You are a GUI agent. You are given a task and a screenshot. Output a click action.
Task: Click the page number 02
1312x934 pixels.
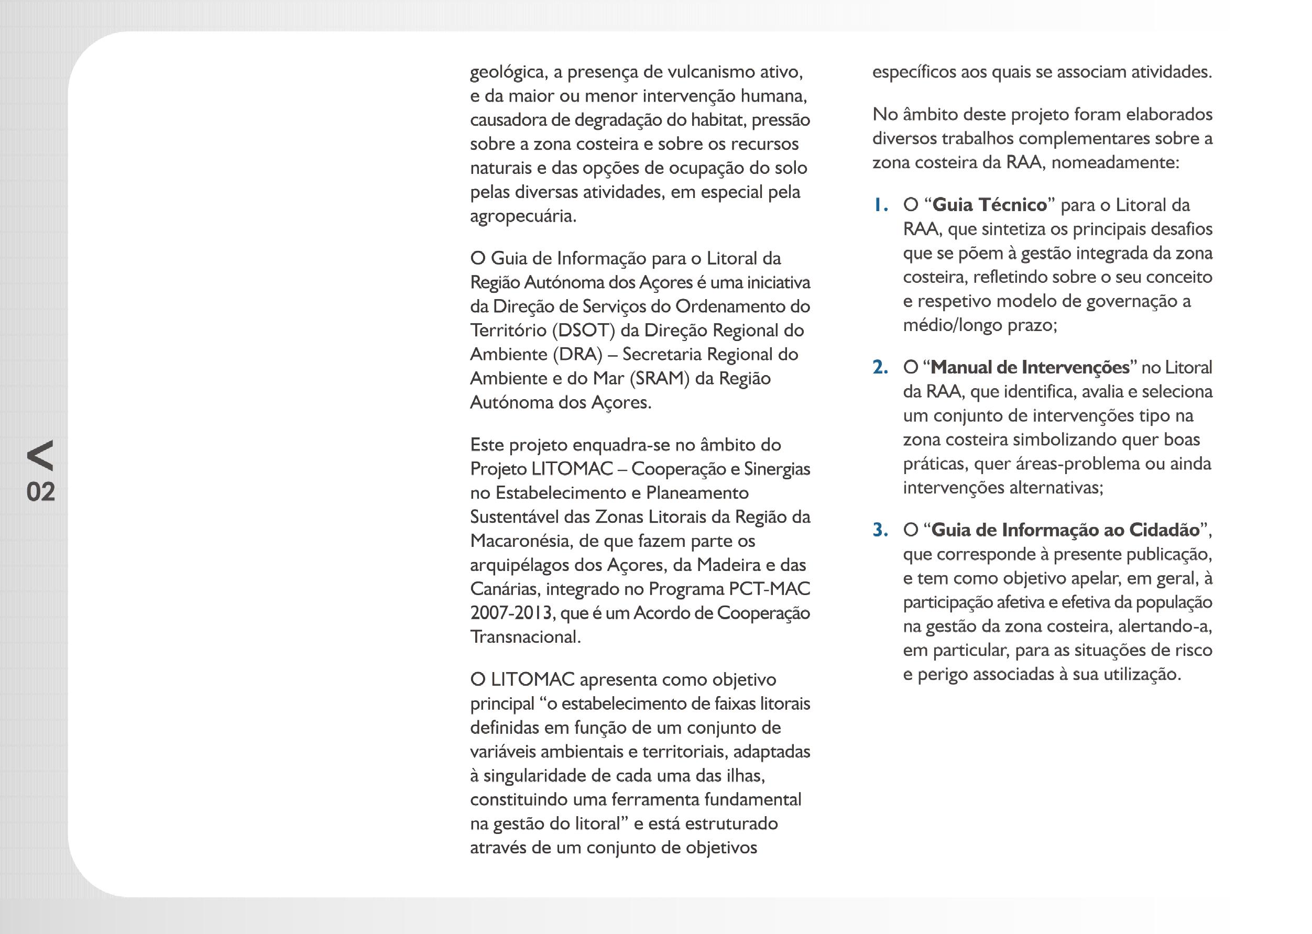[40, 492]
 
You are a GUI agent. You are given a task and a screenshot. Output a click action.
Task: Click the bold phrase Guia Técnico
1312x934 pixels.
[989, 205]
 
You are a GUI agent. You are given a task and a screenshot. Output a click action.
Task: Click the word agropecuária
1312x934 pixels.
[522, 216]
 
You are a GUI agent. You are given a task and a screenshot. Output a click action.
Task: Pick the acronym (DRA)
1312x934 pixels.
[577, 354]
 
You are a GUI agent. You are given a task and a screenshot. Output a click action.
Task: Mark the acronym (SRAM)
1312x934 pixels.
[659, 378]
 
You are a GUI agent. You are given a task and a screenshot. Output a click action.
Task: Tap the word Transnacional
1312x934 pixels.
[524, 637]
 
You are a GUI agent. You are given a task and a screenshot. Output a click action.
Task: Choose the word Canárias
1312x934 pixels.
[505, 589]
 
